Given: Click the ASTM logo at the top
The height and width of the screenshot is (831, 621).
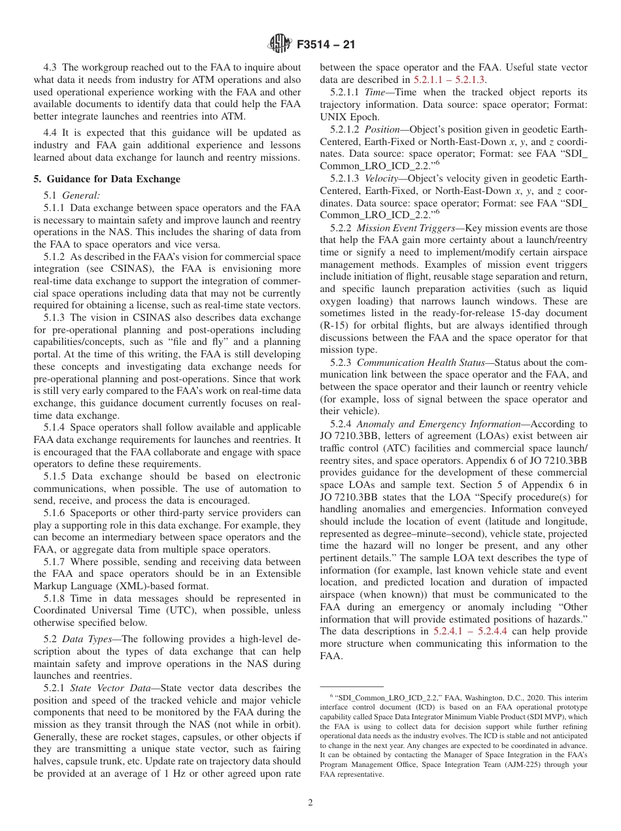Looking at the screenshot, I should pos(280,45).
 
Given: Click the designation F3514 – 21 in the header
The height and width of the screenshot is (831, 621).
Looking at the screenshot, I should pos(325,45).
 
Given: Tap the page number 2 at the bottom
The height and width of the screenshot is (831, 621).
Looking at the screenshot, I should pos(310,803).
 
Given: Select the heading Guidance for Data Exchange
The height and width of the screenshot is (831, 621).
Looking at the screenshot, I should pos(112,179).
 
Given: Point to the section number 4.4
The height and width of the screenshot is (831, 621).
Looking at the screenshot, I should pos(52,133).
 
